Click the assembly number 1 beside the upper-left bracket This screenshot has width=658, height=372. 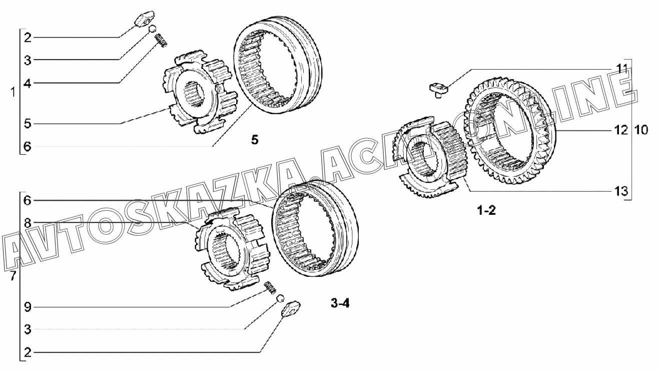coord(13,93)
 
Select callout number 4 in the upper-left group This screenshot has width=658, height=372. coord(28,84)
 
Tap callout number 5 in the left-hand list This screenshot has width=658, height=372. coord(28,124)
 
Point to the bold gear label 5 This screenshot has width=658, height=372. coord(255,140)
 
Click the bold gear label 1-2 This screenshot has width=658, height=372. coord(486,210)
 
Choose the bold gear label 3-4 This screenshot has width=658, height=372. coord(340,303)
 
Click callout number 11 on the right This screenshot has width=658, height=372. coord(621,69)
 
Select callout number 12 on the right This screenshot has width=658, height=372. coord(621,130)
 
